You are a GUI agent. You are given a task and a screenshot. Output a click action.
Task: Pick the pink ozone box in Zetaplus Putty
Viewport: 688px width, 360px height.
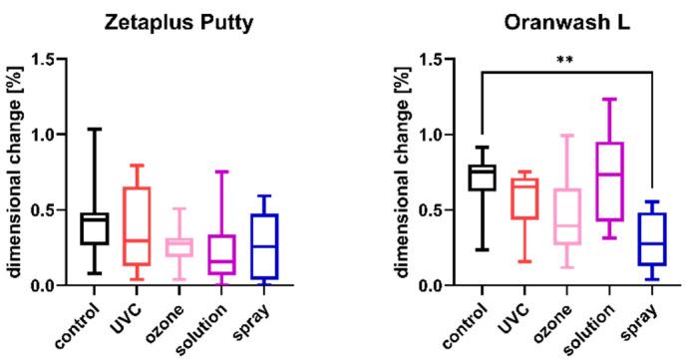179,246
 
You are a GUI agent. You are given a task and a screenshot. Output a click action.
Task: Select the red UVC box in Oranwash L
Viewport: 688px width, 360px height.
523,198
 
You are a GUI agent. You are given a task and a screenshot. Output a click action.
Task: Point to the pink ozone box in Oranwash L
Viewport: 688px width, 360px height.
565,216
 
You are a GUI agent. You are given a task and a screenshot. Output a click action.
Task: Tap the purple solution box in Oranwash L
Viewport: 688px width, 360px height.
609,181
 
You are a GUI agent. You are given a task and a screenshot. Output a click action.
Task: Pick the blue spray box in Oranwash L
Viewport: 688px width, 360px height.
651,238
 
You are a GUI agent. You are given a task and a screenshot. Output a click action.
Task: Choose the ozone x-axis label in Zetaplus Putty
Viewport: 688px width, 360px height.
170,318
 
